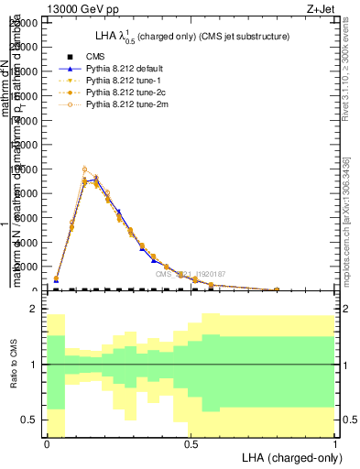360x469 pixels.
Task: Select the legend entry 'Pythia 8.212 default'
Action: tap(124, 69)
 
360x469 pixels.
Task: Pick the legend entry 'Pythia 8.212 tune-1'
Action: tap(122, 81)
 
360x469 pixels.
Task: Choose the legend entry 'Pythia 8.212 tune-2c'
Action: tap(124, 93)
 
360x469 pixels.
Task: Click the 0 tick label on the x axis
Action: tap(47, 443)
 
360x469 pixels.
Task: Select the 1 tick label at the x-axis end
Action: tap(335, 443)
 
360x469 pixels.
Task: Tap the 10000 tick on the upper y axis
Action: tap(26, 169)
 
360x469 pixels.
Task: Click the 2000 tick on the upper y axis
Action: tap(27, 267)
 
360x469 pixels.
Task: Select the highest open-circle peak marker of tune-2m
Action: tap(84, 169)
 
